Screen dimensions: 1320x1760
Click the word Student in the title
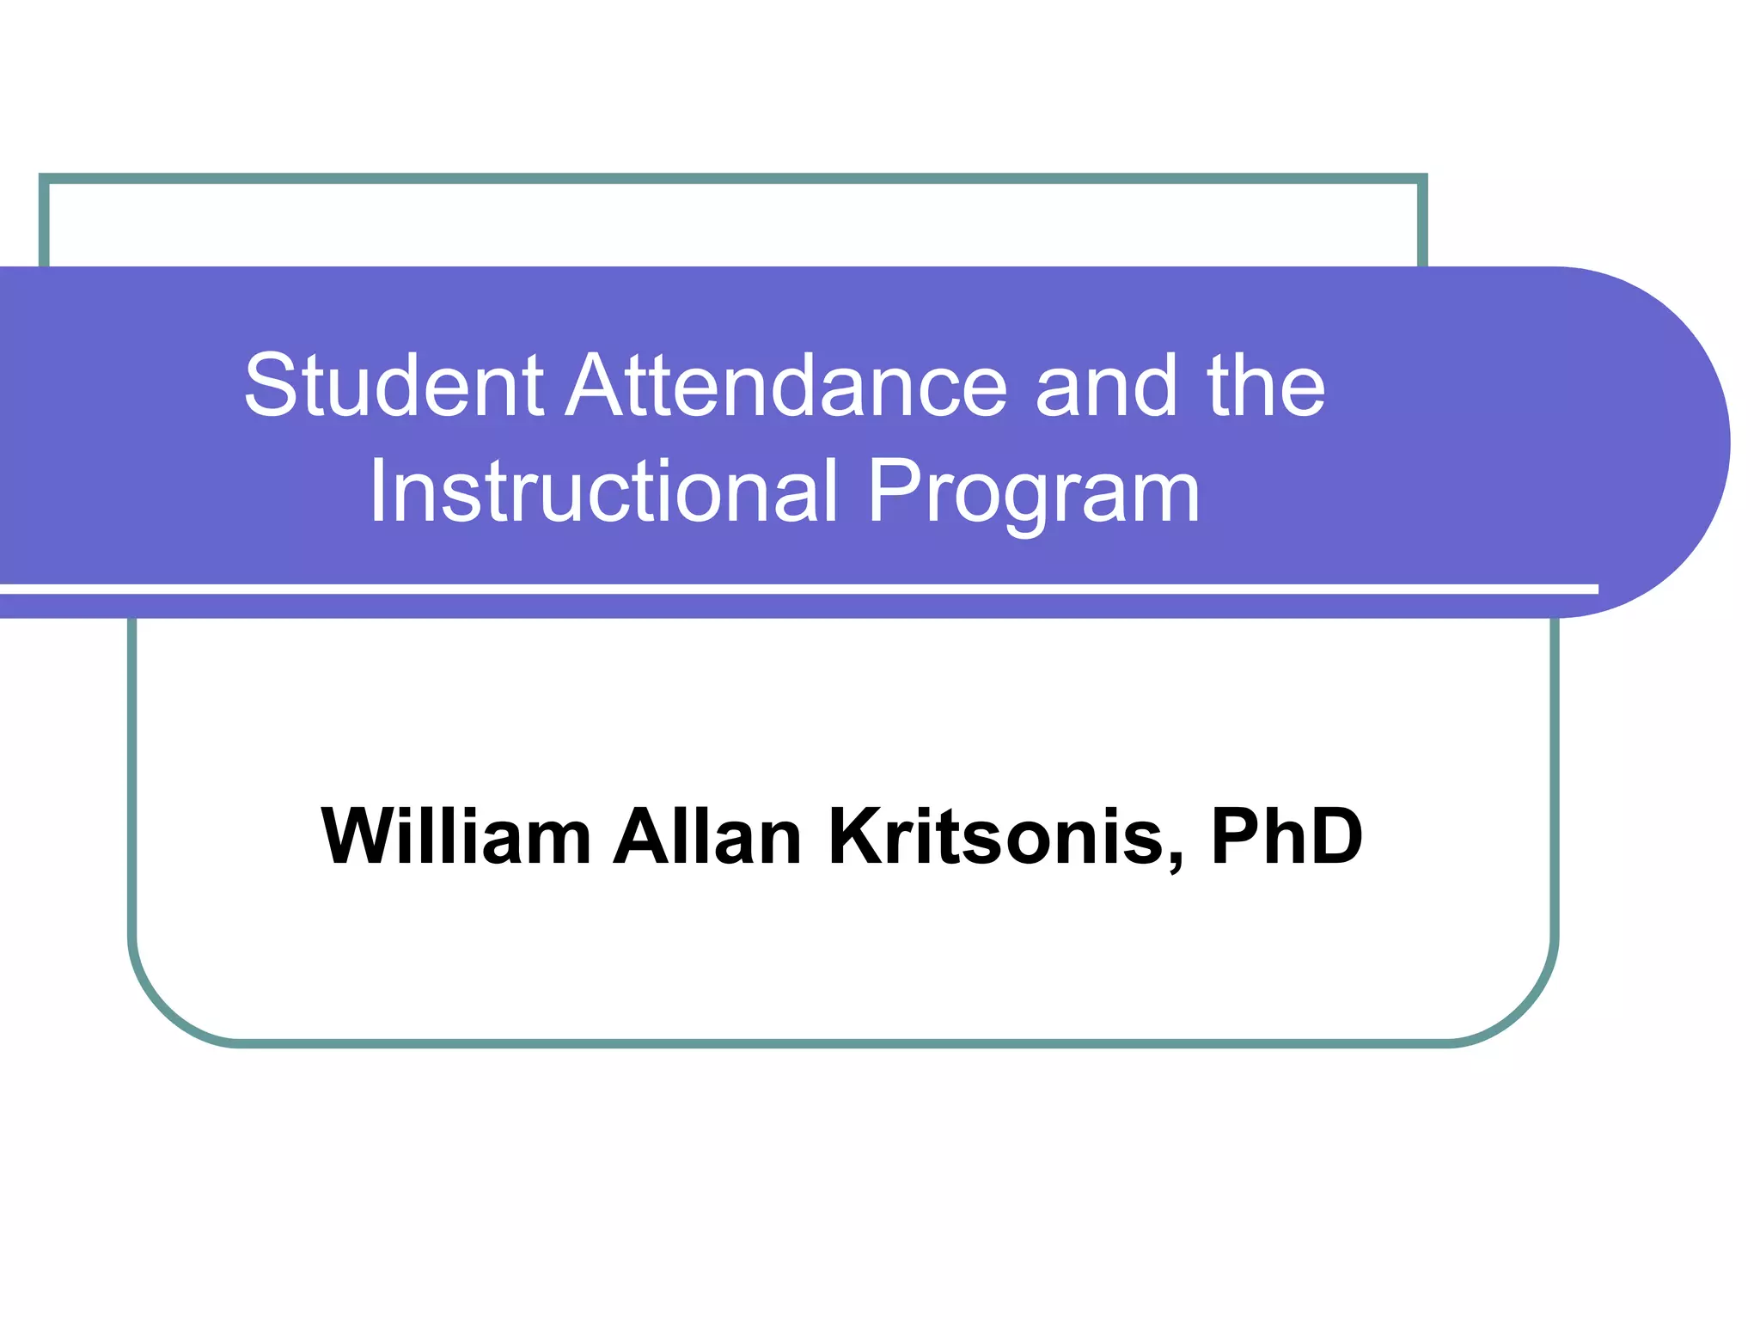point(394,386)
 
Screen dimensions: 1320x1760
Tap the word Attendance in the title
point(785,386)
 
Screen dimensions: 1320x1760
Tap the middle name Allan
point(707,835)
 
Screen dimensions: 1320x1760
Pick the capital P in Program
point(897,491)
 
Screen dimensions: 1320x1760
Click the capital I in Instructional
point(377,491)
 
